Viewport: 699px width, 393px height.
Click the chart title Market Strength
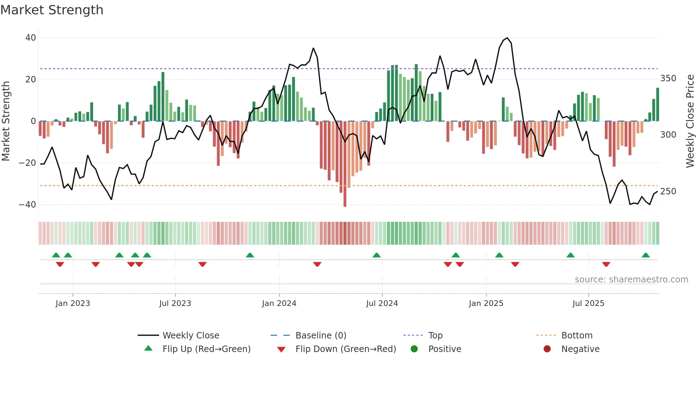click(x=52, y=10)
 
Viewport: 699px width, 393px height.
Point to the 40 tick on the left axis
click(x=31, y=38)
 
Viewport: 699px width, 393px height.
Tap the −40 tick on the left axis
click(x=27, y=205)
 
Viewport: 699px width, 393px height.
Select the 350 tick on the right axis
click(x=668, y=78)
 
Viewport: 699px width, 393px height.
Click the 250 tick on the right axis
click(x=668, y=192)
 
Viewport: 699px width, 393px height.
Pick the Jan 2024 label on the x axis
click(x=279, y=303)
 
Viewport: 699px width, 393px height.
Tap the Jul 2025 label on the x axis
click(x=588, y=303)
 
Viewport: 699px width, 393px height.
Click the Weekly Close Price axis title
click(x=690, y=121)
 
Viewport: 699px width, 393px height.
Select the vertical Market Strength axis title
click(x=6, y=121)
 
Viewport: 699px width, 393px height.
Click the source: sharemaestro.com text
click(x=631, y=280)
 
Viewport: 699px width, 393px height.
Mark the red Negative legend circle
click(x=547, y=349)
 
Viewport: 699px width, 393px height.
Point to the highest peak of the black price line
click(x=507, y=38)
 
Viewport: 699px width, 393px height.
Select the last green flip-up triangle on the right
click(x=646, y=255)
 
